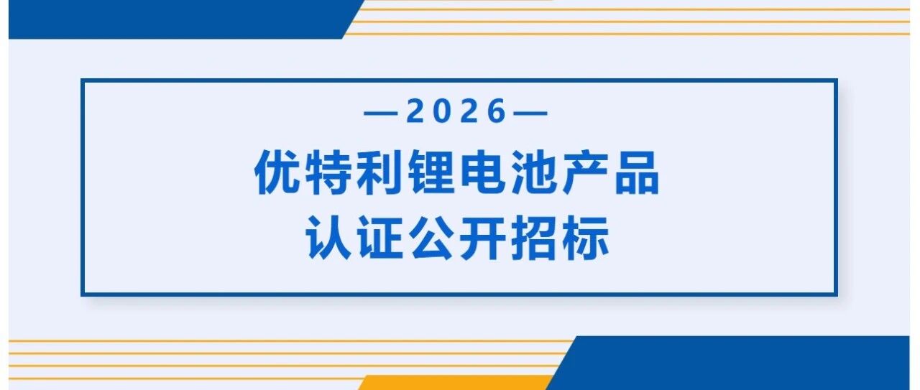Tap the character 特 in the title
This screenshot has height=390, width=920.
pyautogui.click(x=328, y=172)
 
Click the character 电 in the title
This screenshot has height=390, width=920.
pyautogui.click(x=482, y=172)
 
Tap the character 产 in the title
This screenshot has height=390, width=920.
pyautogui.click(x=585, y=172)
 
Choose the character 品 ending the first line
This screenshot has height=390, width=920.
pyautogui.click(x=637, y=172)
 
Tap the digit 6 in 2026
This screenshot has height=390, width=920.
pyautogui.click(x=497, y=111)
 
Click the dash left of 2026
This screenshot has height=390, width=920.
pyautogui.click(x=380, y=113)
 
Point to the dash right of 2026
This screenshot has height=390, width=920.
pyautogui.click(x=531, y=113)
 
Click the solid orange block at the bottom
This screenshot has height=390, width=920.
pyautogui.click(x=455, y=383)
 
